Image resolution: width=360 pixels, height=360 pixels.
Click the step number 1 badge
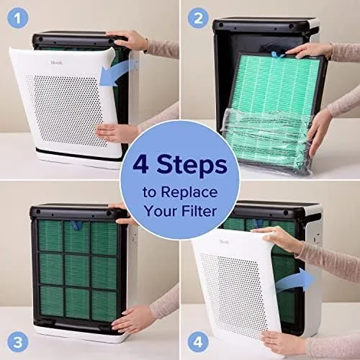pos(18,18)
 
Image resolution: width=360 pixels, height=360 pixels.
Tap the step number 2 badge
pos(198,18)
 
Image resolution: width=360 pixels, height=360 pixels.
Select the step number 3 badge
pos(18,342)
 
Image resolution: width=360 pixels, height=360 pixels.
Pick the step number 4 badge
pos(198,342)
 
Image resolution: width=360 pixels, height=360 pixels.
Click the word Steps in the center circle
pos(192,166)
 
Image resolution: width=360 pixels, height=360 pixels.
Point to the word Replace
pos(189,192)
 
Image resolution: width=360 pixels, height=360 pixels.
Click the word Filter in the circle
pos(199,211)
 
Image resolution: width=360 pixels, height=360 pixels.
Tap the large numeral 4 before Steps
pos(140,164)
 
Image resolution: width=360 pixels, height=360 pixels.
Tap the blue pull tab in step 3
pos(77,225)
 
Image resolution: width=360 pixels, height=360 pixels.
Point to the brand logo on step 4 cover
pos(224,242)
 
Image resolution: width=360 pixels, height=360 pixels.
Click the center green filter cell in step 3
pos(77,270)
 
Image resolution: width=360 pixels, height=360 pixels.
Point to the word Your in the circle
pos(160,211)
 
